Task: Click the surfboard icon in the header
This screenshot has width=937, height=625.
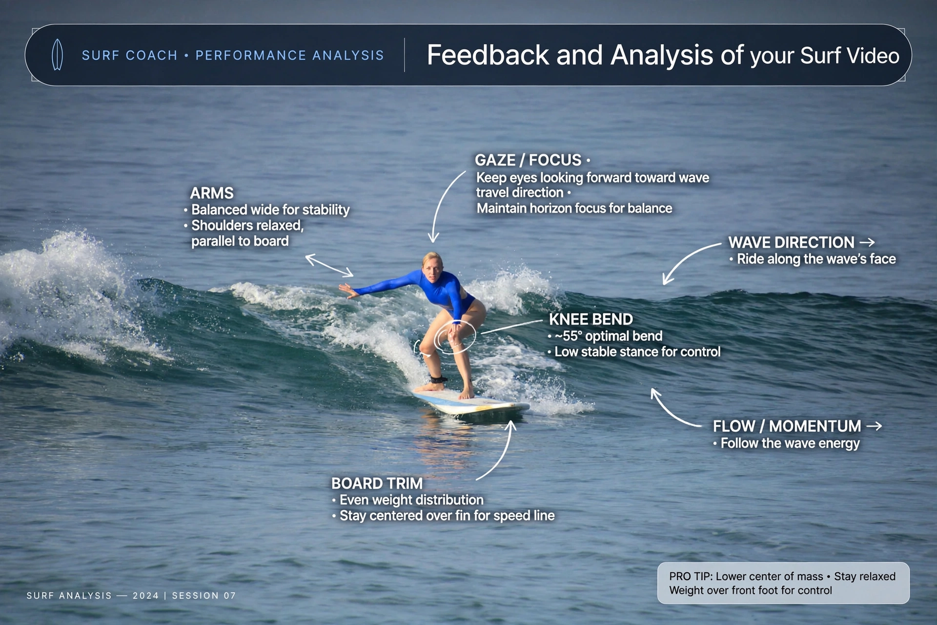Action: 57,55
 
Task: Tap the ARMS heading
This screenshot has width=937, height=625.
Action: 212,193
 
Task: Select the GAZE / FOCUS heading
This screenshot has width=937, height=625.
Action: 528,160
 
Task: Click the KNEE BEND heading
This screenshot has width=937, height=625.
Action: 591,319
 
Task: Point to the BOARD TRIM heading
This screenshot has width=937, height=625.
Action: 377,483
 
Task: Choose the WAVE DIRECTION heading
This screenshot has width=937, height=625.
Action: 791,242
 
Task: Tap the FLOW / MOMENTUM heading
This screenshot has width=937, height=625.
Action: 787,426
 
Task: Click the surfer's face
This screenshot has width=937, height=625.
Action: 432,270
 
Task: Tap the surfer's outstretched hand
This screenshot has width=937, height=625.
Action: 348,292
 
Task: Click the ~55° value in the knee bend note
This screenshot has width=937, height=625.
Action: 568,336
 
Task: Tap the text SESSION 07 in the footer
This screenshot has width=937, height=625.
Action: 204,596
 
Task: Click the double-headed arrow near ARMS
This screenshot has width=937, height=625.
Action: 329,266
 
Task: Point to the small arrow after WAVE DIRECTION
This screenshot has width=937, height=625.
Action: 867,242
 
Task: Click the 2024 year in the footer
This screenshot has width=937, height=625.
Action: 146,596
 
